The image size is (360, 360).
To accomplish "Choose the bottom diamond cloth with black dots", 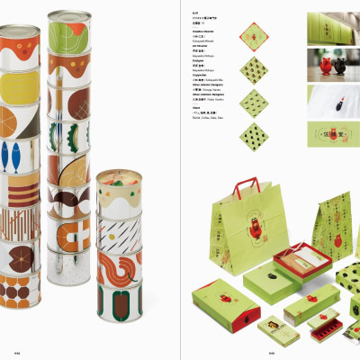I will (x=255, y=138).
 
